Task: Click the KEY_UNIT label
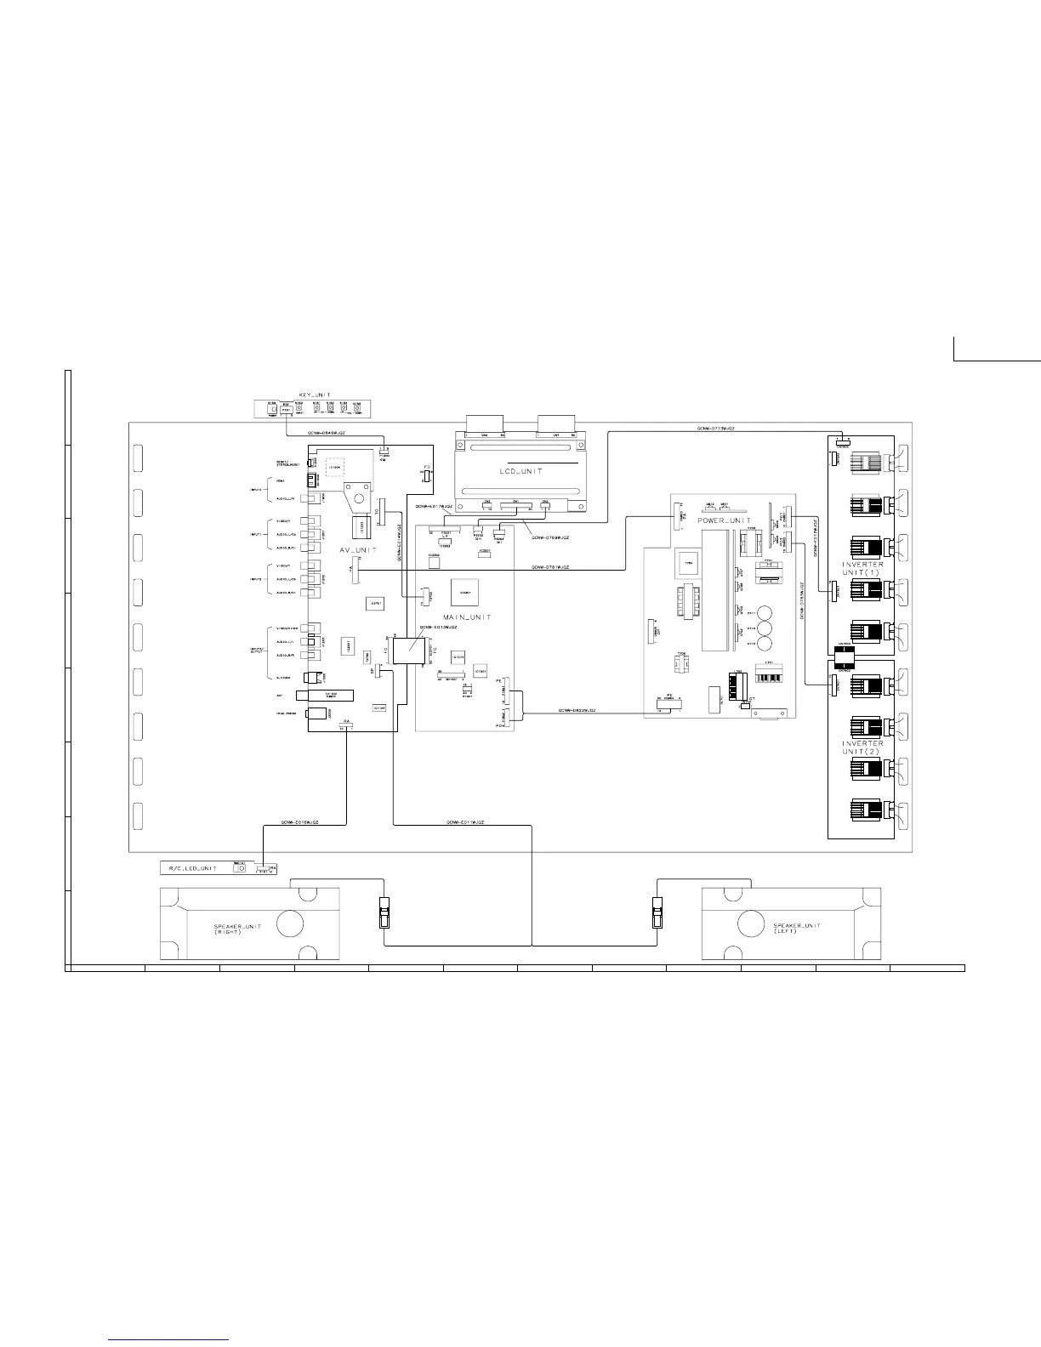point(315,395)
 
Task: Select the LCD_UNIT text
point(520,469)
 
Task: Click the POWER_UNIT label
point(724,520)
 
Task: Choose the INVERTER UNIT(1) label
point(862,568)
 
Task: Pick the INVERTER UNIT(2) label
point(862,747)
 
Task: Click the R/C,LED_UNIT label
point(191,868)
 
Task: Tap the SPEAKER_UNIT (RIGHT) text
point(208,929)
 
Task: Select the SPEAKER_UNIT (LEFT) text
point(797,929)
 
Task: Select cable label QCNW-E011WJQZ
point(465,822)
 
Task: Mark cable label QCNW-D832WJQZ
point(577,710)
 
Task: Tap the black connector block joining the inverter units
point(843,654)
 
